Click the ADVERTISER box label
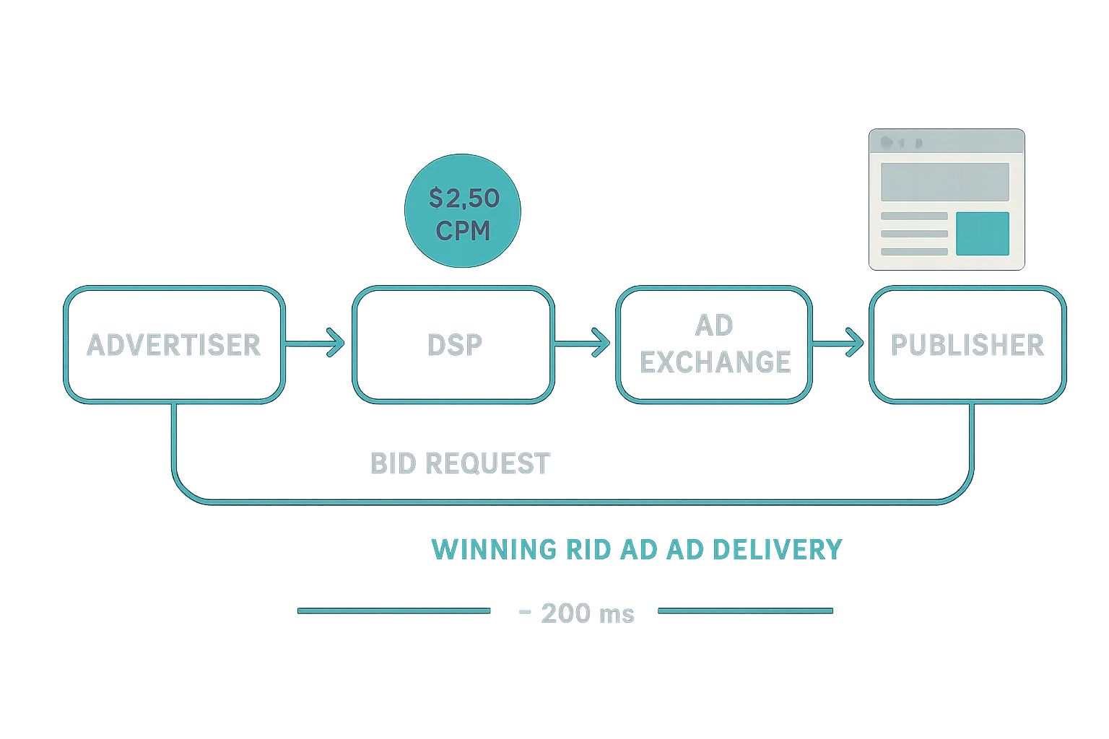[x=173, y=345]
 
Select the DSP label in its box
[x=454, y=345]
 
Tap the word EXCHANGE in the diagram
[x=715, y=362]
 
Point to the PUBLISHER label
[x=967, y=345]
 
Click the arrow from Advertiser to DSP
[x=316, y=344]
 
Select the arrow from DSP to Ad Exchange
[x=581, y=344]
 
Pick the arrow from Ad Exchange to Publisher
[x=838, y=344]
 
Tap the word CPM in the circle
[x=463, y=231]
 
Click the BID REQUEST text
[x=460, y=463]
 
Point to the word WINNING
[x=494, y=550]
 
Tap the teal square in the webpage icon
[x=982, y=234]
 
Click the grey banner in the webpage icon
[x=944, y=182]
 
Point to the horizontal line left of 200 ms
[x=393, y=611]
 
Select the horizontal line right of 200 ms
[x=745, y=611]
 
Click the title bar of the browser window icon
[x=946, y=142]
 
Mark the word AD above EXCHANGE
[x=714, y=326]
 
